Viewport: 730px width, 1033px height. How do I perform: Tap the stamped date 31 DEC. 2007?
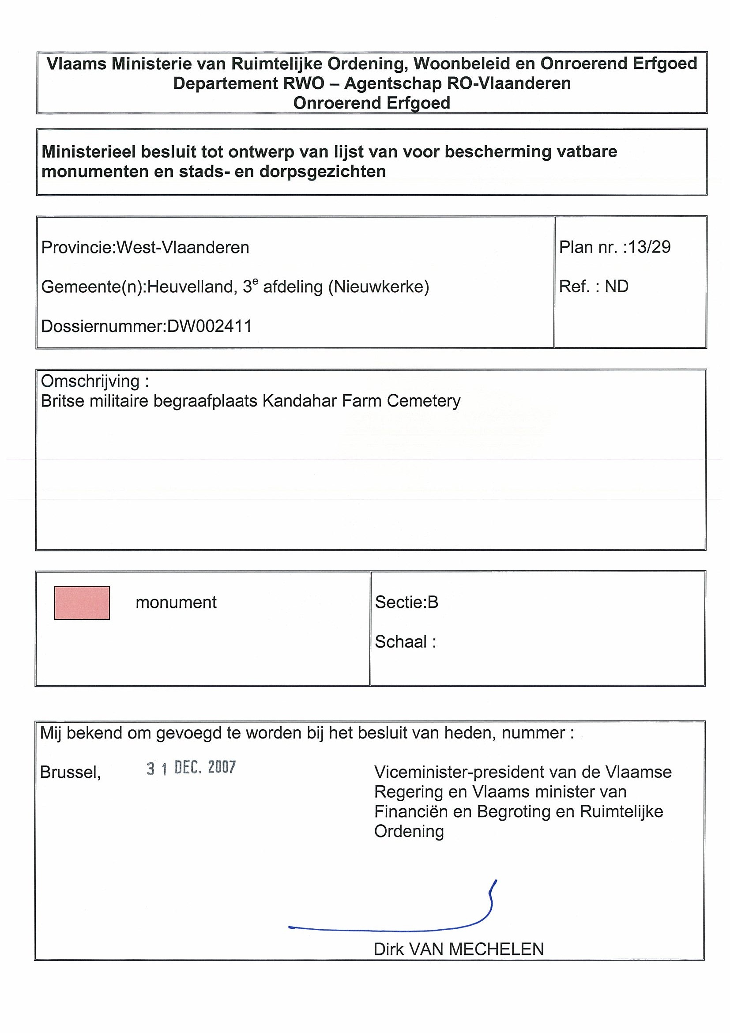[191, 768]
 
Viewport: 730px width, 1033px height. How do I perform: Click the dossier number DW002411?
[209, 326]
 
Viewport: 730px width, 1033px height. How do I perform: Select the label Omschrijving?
[90, 381]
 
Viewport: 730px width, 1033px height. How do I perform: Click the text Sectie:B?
[406, 602]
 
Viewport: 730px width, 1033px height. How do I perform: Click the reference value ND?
[617, 287]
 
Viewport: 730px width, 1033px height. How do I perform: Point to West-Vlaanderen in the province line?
[183, 248]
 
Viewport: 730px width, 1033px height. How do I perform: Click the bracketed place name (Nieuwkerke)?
[379, 287]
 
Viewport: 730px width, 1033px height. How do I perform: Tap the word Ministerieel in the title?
[89, 151]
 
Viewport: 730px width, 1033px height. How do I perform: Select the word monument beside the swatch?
[176, 602]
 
